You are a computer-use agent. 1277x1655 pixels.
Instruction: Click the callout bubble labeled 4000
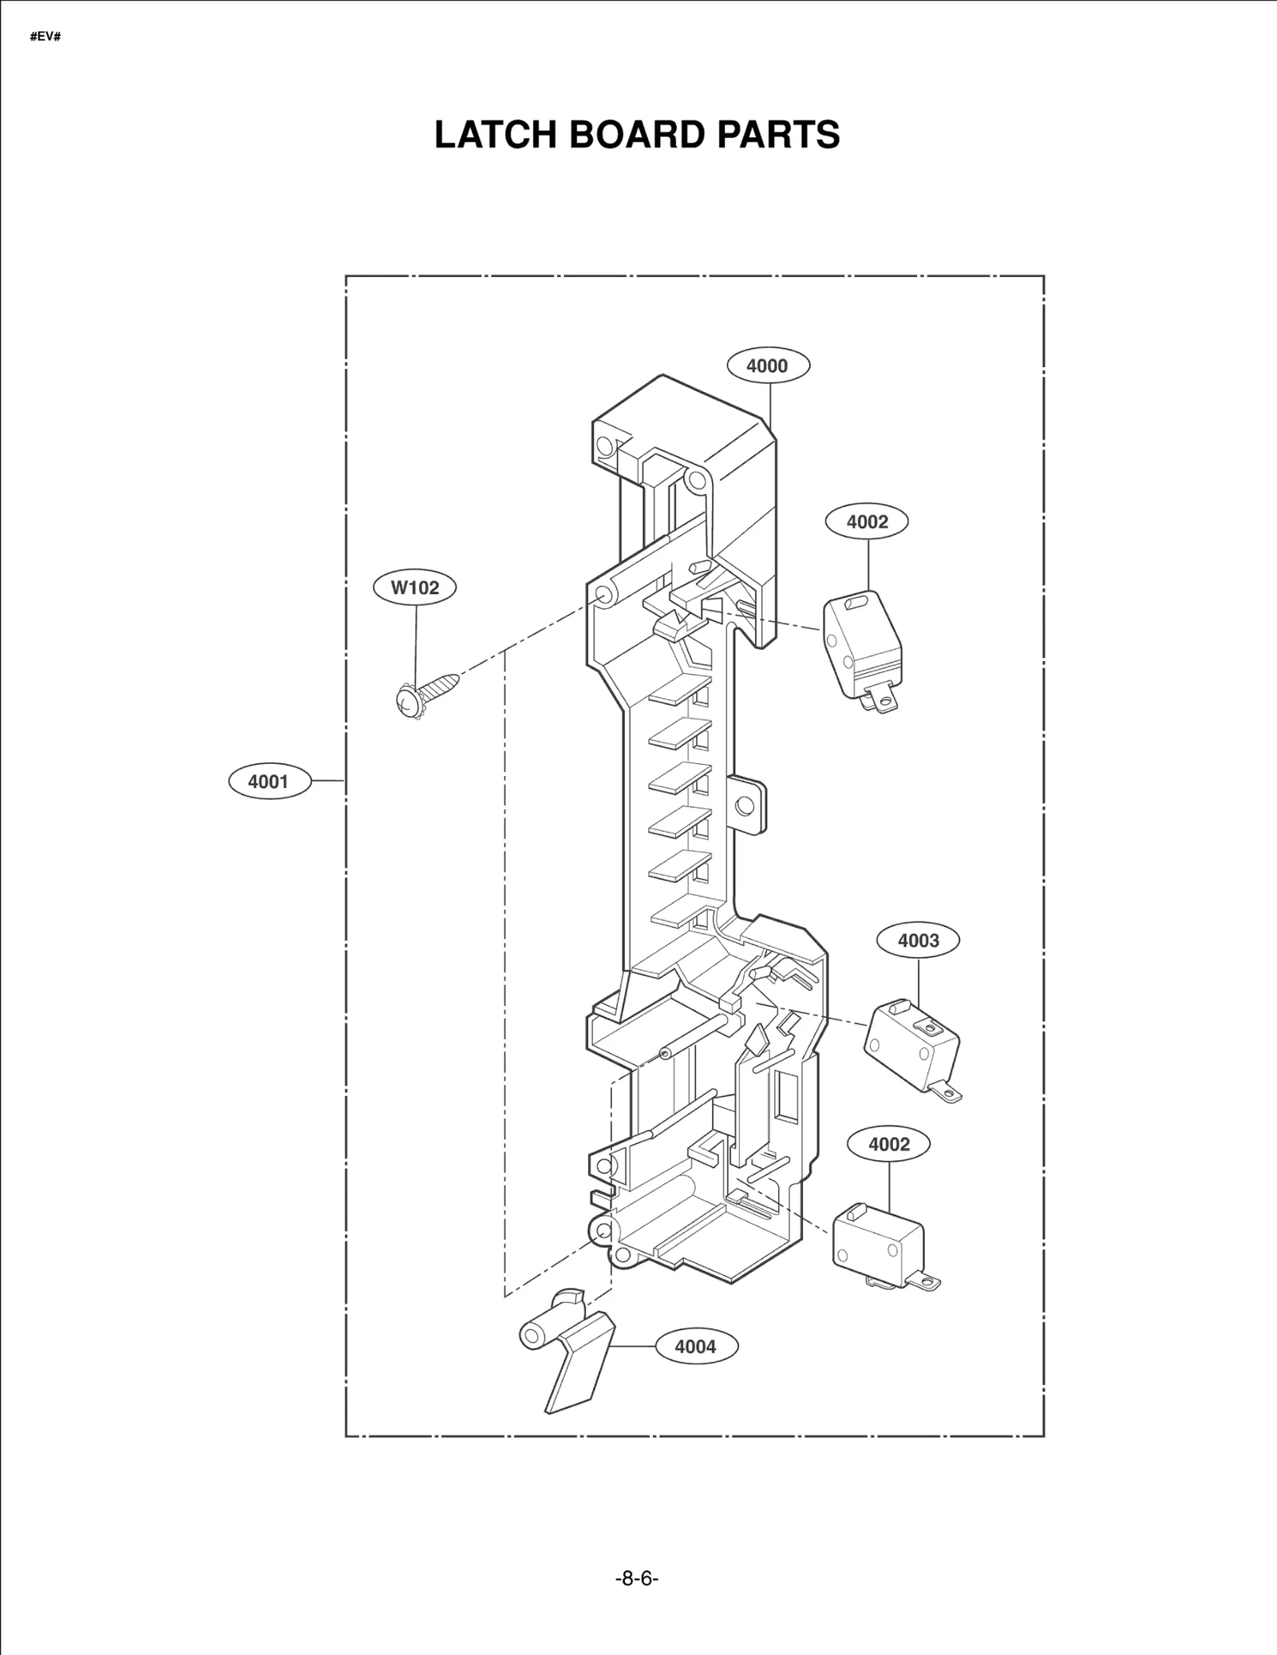[768, 366]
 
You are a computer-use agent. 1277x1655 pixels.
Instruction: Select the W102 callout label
[415, 588]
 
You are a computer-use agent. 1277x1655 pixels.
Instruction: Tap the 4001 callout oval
[268, 781]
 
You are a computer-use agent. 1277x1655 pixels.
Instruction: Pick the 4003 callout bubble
[918, 940]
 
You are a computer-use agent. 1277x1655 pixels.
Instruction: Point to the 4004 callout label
[696, 1346]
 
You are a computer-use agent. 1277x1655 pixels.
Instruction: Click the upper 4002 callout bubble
[867, 521]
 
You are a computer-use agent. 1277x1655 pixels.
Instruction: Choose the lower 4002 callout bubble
[888, 1144]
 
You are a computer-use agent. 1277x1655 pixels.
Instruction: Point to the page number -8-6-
[637, 1578]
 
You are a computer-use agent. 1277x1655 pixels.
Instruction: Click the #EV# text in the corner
[45, 38]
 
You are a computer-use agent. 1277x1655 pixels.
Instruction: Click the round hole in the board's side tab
[745, 806]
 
